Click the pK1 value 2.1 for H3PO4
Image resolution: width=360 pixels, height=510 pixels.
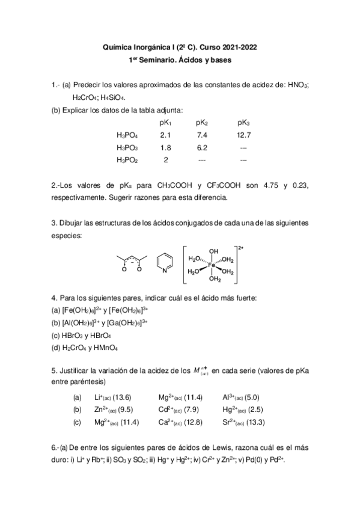(166, 135)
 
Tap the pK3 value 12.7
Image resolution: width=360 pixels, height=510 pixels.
(243, 135)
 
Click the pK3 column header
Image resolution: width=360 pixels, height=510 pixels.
(243, 123)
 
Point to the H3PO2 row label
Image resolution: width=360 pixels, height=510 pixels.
(127, 160)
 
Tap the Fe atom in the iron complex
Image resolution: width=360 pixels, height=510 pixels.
(212, 264)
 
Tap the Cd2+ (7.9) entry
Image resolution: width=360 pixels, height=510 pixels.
(177, 410)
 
